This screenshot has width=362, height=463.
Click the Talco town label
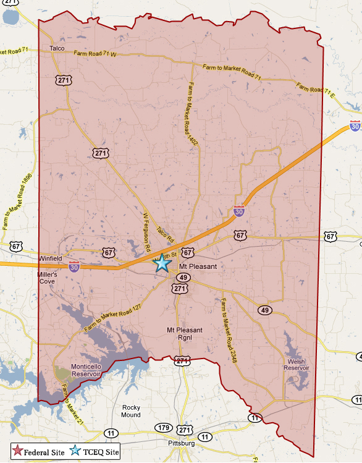click(57, 48)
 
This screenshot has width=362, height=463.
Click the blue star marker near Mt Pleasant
click(162, 263)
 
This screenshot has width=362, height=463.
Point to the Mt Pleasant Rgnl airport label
click(184, 334)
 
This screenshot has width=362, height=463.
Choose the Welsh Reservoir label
click(296, 365)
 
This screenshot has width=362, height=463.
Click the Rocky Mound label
click(132, 410)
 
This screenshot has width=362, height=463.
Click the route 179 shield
click(163, 428)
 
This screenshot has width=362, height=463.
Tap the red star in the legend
click(19, 451)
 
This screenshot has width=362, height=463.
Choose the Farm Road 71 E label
click(318, 91)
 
